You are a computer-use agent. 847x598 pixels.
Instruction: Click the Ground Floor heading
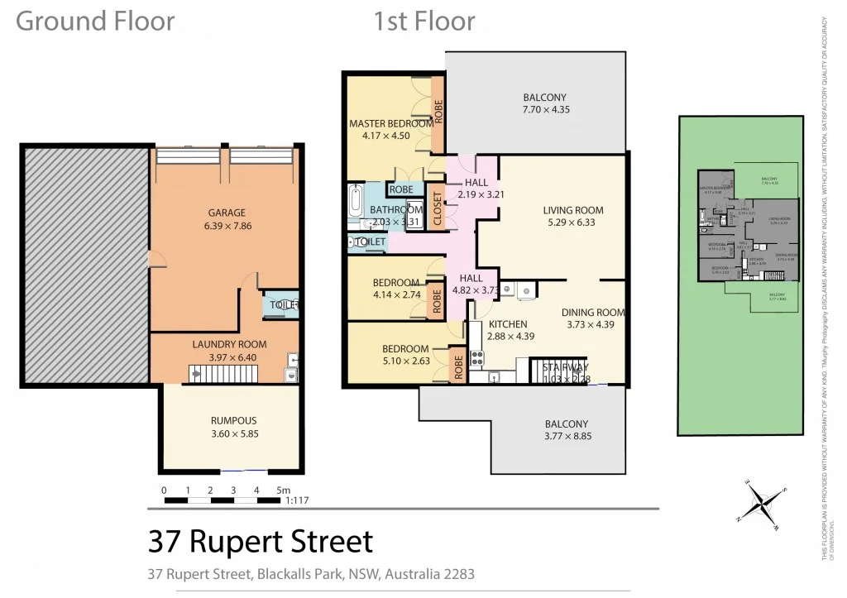[95, 21]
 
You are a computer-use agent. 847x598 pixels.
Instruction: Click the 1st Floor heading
[424, 21]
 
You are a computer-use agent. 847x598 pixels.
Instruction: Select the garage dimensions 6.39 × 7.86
[220, 226]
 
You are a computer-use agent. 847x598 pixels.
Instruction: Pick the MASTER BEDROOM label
[390, 124]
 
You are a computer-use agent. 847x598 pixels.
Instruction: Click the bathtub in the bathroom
[356, 199]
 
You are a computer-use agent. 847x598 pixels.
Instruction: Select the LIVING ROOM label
[570, 210]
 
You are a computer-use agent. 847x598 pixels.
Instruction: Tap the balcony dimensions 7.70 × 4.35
[545, 109]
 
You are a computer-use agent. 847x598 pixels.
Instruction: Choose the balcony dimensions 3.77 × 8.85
[567, 436]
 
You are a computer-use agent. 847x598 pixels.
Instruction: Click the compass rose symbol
[761, 504]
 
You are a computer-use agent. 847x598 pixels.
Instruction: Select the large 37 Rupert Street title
[261, 542]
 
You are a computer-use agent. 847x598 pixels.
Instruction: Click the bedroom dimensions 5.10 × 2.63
[405, 361]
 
